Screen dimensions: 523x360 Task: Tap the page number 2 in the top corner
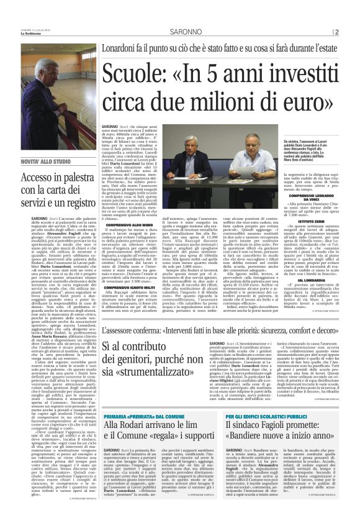coord(336,32)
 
